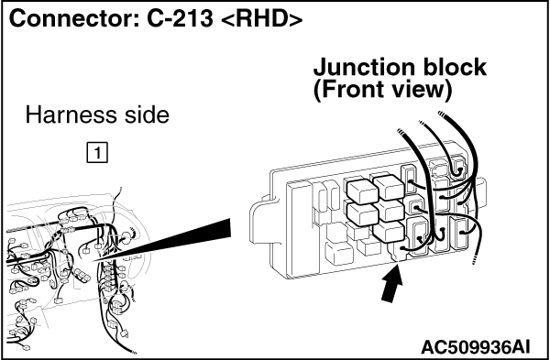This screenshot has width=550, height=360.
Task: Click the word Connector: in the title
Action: [x=73, y=18]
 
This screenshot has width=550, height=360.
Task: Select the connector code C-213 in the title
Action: [x=180, y=18]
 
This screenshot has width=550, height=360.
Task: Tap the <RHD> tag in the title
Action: [x=262, y=19]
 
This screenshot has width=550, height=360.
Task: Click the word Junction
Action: [x=365, y=69]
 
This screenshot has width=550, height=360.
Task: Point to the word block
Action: [x=455, y=67]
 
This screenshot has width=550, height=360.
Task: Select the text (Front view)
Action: [x=382, y=90]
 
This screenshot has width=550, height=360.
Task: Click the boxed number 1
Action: [x=97, y=153]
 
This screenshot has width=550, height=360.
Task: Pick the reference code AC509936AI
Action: [x=475, y=347]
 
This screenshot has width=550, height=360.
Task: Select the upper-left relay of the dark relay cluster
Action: [x=362, y=191]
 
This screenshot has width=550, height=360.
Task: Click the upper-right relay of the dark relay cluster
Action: [x=389, y=187]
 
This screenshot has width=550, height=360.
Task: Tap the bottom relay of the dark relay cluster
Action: [x=389, y=232]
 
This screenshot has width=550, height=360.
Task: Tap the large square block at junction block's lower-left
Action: [x=339, y=253]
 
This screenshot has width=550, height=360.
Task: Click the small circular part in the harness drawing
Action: [x=126, y=238]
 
